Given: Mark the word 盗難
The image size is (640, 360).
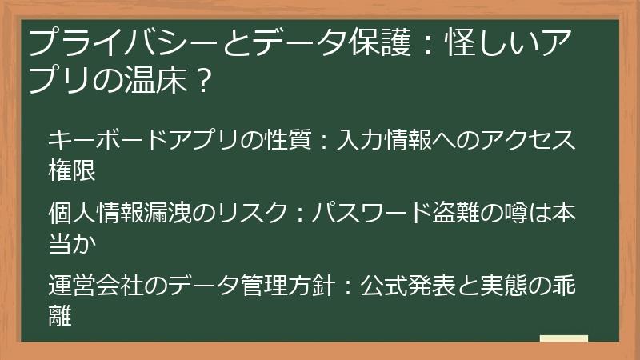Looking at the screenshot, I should coord(452,213).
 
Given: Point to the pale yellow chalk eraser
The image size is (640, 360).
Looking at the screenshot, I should coord(563,338).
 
